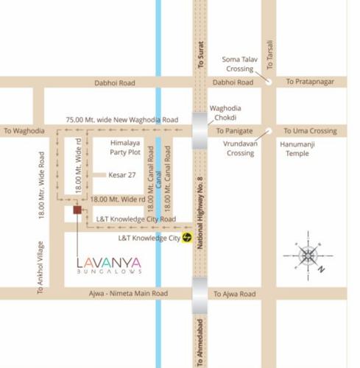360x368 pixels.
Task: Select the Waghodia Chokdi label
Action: pos(225,112)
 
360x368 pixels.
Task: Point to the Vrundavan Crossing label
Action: pos(240,149)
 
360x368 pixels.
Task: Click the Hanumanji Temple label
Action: pos(299,149)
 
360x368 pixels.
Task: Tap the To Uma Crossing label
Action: pos(310,131)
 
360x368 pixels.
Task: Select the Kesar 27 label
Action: pos(122,175)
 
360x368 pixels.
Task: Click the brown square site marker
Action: pos(77,211)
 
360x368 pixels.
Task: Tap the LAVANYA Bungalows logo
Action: pos(109,266)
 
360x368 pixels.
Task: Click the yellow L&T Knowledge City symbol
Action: pos(188,238)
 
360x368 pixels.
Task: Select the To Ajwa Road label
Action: pos(234,294)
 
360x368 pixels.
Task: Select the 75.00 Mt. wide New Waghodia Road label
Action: pos(121,119)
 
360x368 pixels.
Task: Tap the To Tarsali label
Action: pos(271,52)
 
